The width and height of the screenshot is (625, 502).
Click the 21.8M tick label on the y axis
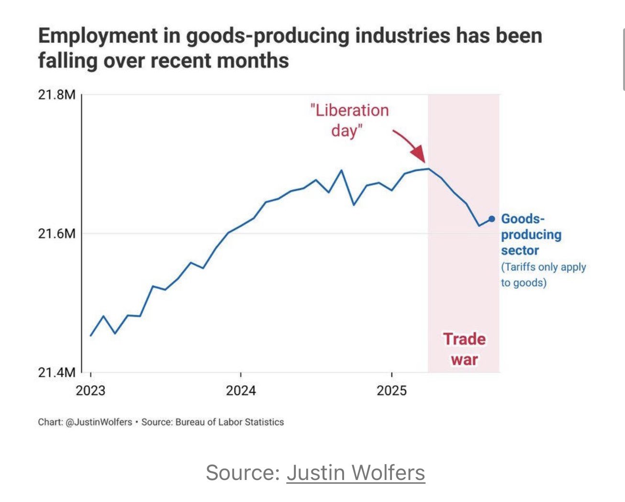pos(56,94)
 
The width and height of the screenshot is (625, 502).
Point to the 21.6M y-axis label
pos(56,234)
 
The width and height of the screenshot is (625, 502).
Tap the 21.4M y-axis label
pos(56,372)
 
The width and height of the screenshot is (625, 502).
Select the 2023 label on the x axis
pos(90,390)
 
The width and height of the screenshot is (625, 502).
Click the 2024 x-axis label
pos(241,390)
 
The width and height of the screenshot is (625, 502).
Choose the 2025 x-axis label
pos(391,390)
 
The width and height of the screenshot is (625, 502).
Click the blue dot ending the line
pos(491,219)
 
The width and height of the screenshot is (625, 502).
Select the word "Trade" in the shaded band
pos(464,339)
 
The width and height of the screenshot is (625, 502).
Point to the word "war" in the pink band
pos(464,359)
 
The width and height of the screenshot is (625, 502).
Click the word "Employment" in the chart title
pos(98,36)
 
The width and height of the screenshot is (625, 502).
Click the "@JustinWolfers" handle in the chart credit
pos(99,422)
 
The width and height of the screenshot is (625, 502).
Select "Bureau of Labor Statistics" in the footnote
pos(230,422)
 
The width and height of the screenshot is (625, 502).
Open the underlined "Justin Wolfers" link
pos(356,473)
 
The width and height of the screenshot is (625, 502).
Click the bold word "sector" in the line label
pos(520,250)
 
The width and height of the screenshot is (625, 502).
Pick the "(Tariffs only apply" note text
pos(543,267)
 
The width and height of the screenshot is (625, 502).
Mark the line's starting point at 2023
pos(91,335)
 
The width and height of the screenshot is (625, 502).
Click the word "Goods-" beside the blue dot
pos(523,219)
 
